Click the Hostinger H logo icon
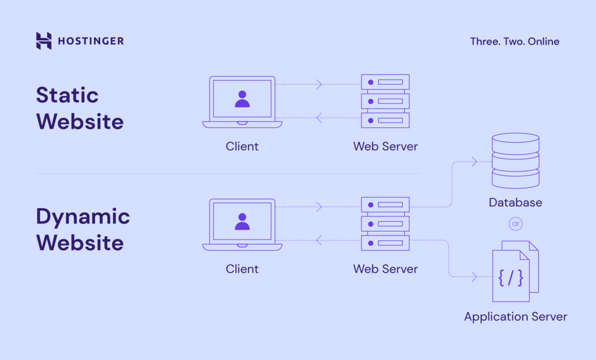coord(44,41)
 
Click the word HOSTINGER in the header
coord(90,41)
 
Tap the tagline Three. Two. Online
coord(515,41)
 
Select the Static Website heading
coord(79,108)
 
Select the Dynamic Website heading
coord(83,229)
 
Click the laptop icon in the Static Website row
coord(242,102)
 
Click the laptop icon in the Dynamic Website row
coord(242,224)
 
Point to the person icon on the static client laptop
coord(242,99)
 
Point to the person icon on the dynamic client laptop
coord(242,221)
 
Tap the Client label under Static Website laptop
coord(242,147)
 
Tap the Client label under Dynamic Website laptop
coord(242,269)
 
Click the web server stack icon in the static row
coord(385,101)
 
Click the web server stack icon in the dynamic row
coord(385,223)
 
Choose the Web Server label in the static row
coord(385,147)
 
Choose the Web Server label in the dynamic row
coord(385,269)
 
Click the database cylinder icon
coord(515,161)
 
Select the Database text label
coord(515,203)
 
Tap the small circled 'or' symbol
coord(515,223)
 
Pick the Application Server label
coord(515,317)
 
